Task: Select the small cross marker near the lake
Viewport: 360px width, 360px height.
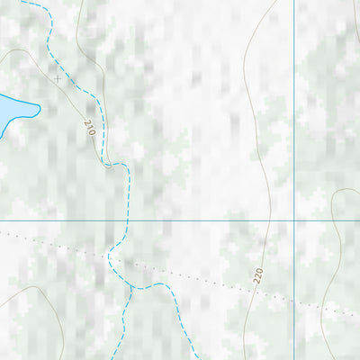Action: coord(58,78)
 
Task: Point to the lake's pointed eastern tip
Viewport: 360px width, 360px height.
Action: coord(40,110)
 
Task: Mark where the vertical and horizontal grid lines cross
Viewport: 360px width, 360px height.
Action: coord(294,220)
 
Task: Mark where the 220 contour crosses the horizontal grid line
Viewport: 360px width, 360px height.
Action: coord(269,220)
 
